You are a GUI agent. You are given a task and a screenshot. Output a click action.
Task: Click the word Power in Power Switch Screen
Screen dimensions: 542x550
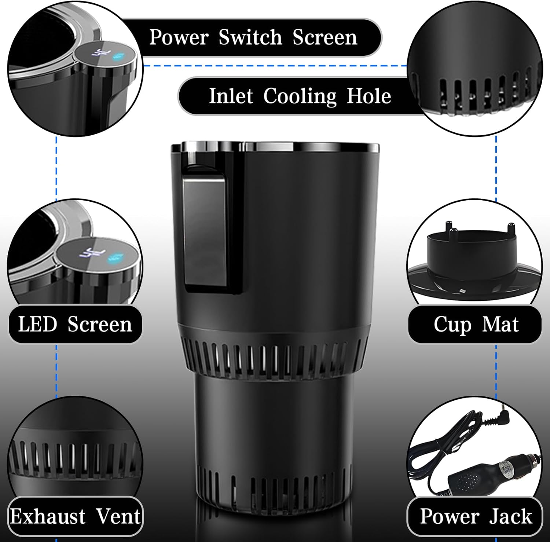pyautogui.click(x=179, y=37)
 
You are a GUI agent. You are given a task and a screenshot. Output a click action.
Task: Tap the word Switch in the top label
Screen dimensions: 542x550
pyautogui.click(x=250, y=37)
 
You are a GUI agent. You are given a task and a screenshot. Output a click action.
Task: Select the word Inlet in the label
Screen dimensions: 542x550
pyautogui.click(x=231, y=96)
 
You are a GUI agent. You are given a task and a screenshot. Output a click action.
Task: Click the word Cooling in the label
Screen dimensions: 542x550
pyautogui.click(x=300, y=97)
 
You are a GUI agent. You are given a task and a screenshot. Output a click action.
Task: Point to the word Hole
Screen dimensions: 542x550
pyautogui.click(x=369, y=96)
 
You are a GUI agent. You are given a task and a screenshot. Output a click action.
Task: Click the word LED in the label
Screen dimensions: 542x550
pyautogui.click(x=37, y=325)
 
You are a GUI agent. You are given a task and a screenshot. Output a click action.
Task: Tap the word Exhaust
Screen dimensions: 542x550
pyautogui.click(x=48, y=516)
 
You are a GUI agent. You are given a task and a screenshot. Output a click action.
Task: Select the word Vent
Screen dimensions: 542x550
pyautogui.click(x=118, y=516)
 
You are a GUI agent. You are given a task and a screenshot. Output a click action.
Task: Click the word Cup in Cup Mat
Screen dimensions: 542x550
pyautogui.click(x=452, y=325)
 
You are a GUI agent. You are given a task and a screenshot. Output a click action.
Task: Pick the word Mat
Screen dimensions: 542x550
pyautogui.click(x=500, y=325)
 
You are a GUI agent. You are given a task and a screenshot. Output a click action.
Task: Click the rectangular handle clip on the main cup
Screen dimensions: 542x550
pyautogui.click(x=204, y=231)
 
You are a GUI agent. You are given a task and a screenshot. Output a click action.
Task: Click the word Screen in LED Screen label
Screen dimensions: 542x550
pyautogui.click(x=100, y=325)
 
